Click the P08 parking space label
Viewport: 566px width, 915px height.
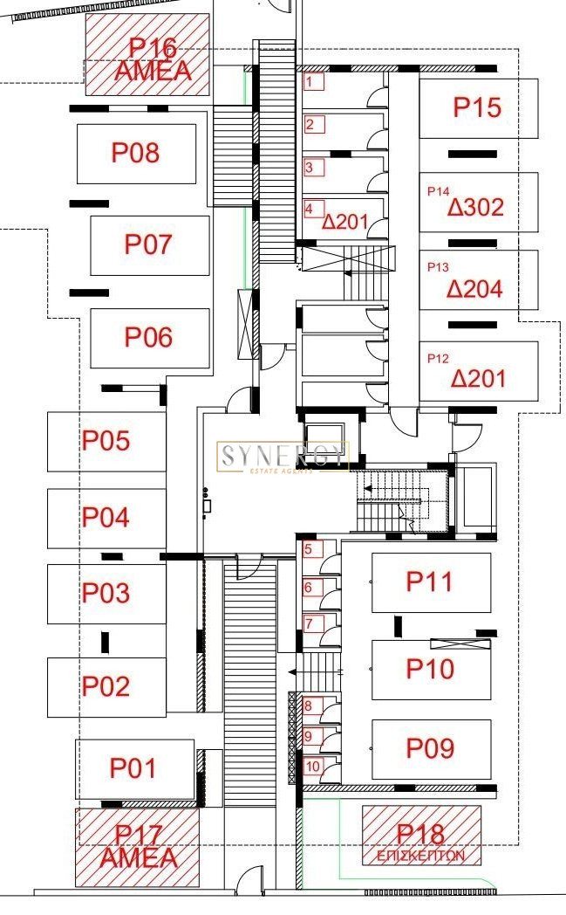pyautogui.click(x=135, y=153)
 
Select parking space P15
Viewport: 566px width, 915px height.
pyautogui.click(x=478, y=107)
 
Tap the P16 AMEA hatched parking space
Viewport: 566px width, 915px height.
pyautogui.click(x=148, y=54)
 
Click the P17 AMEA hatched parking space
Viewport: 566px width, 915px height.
pyautogui.click(x=138, y=846)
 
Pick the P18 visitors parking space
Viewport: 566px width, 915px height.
pyautogui.click(x=421, y=836)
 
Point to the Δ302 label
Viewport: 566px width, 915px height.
pyautogui.click(x=476, y=208)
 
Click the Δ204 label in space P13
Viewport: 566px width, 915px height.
pyautogui.click(x=476, y=289)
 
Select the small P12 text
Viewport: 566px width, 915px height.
pyautogui.click(x=438, y=358)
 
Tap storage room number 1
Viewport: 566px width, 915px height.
pyautogui.click(x=313, y=83)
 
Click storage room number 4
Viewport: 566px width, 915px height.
pyautogui.click(x=311, y=210)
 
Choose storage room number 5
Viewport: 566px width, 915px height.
pyautogui.click(x=310, y=549)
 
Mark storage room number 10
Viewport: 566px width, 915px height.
pyautogui.click(x=312, y=767)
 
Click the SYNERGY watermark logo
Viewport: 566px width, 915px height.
pyautogui.click(x=283, y=457)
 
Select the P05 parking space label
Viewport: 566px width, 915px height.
pyautogui.click(x=106, y=441)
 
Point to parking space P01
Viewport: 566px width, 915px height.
pyautogui.click(x=133, y=768)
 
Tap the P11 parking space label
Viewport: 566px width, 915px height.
pyautogui.click(x=430, y=581)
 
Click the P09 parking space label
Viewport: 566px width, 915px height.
pyautogui.click(x=430, y=748)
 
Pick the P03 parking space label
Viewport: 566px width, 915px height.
pyautogui.click(x=106, y=594)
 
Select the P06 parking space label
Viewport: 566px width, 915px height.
pyautogui.click(x=148, y=337)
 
